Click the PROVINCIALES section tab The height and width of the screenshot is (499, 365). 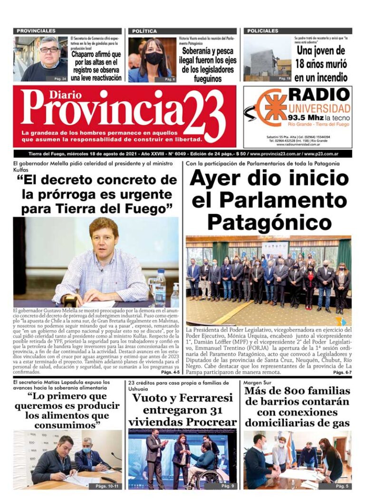pyautogui.click(x=36, y=31)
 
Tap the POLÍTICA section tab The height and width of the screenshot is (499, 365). pyautogui.click(x=144, y=31)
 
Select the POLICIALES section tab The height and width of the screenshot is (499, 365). pyautogui.click(x=263, y=31)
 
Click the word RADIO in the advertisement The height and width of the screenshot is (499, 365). pyautogui.click(x=319, y=94)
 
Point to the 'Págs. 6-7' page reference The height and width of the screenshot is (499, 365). pyautogui.click(x=342, y=373)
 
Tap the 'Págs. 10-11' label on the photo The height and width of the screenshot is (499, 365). pyautogui.click(x=107, y=486)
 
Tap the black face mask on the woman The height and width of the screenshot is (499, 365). pyautogui.click(x=154, y=58)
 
